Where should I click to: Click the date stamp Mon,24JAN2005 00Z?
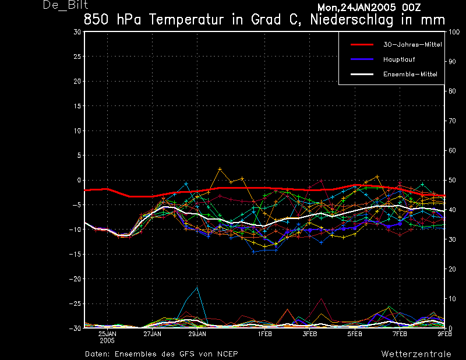pyautogui.click(x=370, y=7)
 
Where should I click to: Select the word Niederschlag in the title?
pyautogui.click(x=349, y=19)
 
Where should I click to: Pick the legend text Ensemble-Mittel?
pyautogui.click(x=410, y=74)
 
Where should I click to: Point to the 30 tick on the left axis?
pyautogui.click(x=77, y=32)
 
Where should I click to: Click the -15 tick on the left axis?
pyautogui.click(x=75, y=255)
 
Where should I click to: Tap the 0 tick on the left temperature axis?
pyautogui.click(x=78, y=181)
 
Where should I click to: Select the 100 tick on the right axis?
pyautogui.click(x=454, y=32)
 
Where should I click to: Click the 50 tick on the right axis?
pyautogui.click(x=452, y=181)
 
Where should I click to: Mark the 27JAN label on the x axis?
pyautogui.click(x=152, y=334)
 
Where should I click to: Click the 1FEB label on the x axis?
pyautogui.click(x=265, y=334)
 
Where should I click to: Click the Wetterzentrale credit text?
pyautogui.click(x=416, y=354)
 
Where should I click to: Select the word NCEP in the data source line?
pyautogui.click(x=225, y=354)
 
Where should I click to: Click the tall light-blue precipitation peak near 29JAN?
pyautogui.click(x=197, y=288)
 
